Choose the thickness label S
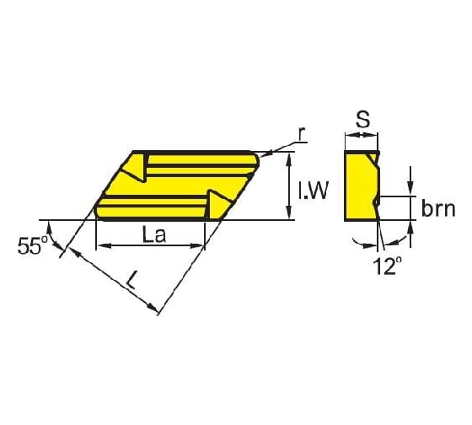coord(362,120)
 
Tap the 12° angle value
coord(383,266)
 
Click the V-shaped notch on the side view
coord(377,200)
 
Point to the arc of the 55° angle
coord(59,241)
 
